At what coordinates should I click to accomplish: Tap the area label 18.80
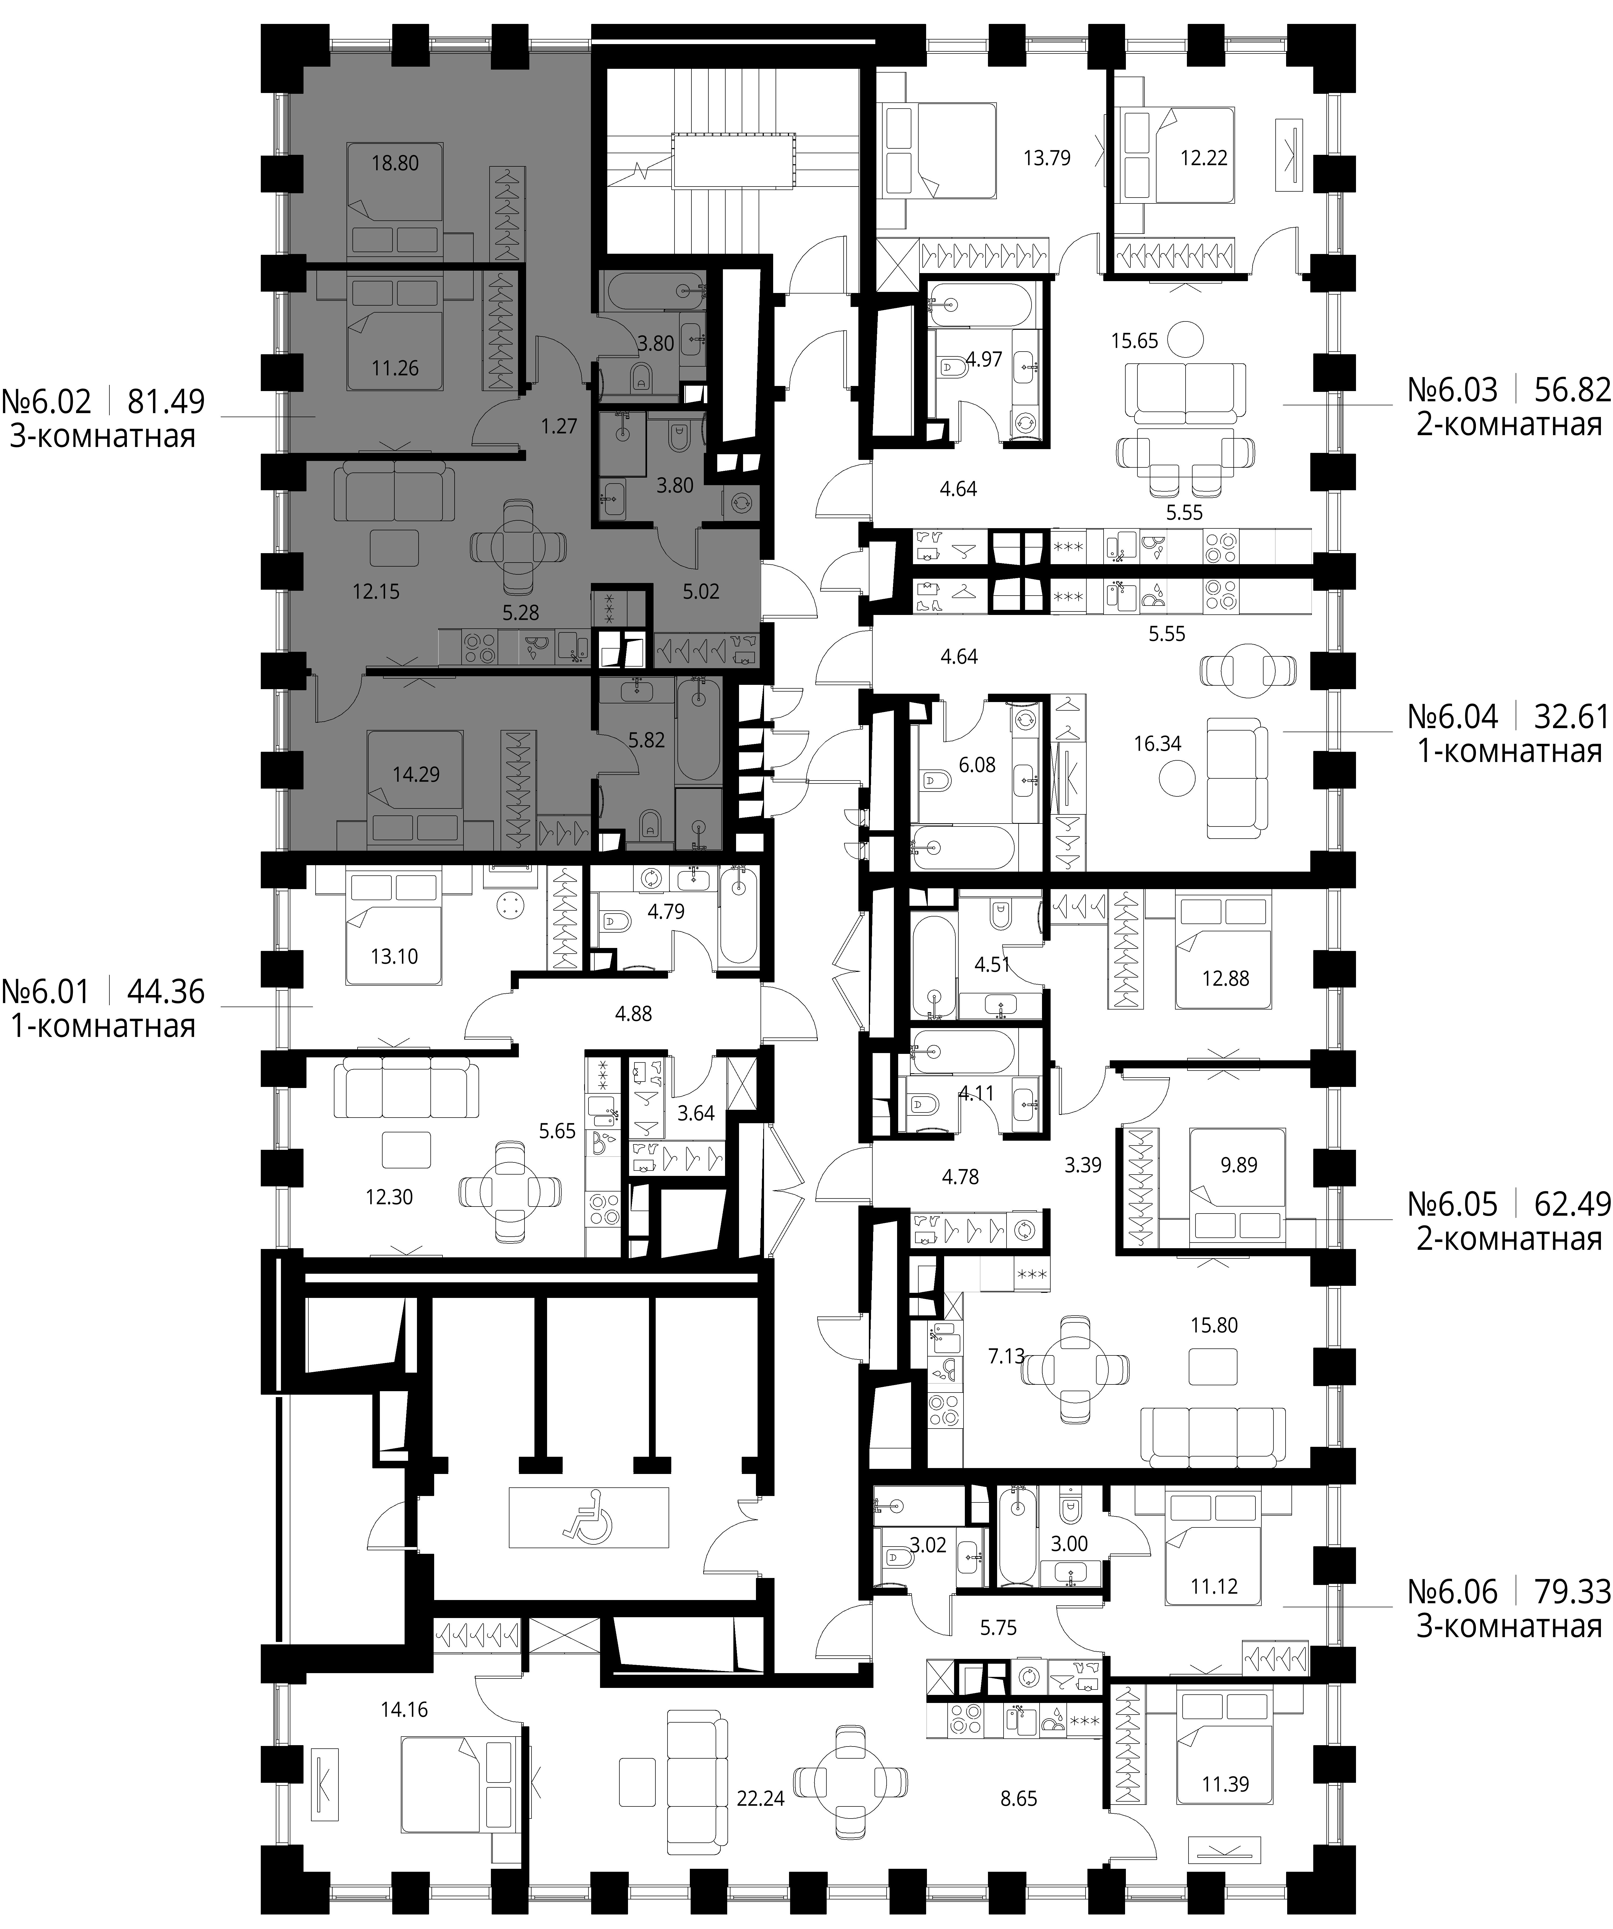(395, 163)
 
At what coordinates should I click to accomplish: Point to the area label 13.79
(1047, 158)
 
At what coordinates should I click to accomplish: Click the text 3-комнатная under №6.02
(103, 435)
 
